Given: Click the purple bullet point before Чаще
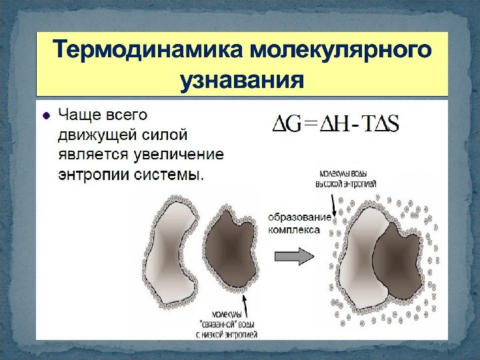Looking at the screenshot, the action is pyautogui.click(x=46, y=115).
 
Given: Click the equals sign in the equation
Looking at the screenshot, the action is pyautogui.click(x=309, y=125).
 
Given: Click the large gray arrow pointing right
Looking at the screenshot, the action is pyautogui.click(x=293, y=256).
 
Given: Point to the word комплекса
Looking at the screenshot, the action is pyautogui.click(x=293, y=230).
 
